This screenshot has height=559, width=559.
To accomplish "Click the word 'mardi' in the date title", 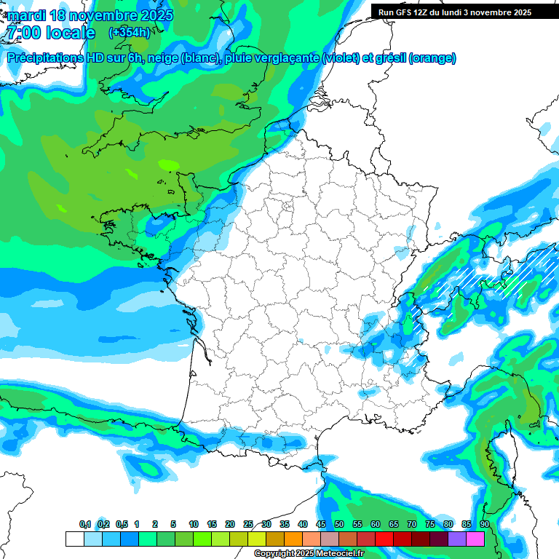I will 26,15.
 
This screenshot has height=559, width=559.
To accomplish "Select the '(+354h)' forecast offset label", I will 129,33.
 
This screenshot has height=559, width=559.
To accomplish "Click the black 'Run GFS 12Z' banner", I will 454,12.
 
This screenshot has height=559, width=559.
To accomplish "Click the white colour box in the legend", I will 74,539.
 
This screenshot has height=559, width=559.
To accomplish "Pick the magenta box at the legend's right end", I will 475,539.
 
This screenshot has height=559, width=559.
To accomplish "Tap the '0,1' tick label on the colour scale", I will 84,525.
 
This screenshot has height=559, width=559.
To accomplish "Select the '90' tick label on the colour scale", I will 484,525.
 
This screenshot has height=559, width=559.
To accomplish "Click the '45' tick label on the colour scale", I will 321,525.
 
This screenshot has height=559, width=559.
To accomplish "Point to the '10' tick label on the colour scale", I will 194,525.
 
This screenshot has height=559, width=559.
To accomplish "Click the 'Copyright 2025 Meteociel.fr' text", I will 309,554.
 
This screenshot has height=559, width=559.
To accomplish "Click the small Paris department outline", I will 288,206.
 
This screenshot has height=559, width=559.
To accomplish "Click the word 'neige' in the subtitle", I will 163,58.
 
